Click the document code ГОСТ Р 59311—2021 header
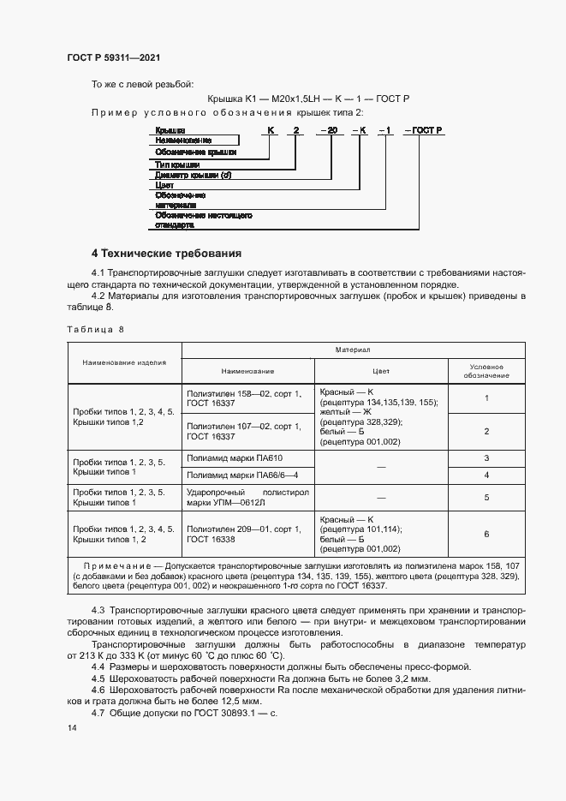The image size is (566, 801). [113, 57]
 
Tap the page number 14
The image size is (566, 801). [71, 727]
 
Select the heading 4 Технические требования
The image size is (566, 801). [166, 254]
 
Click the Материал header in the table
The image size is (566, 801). [359, 350]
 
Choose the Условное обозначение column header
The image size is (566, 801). [486, 370]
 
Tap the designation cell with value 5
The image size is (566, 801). [486, 497]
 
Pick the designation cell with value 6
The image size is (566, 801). [486, 534]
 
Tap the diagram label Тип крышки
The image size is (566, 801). [178, 164]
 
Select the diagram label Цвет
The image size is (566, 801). [165, 184]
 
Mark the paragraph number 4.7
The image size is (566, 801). [98, 713]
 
